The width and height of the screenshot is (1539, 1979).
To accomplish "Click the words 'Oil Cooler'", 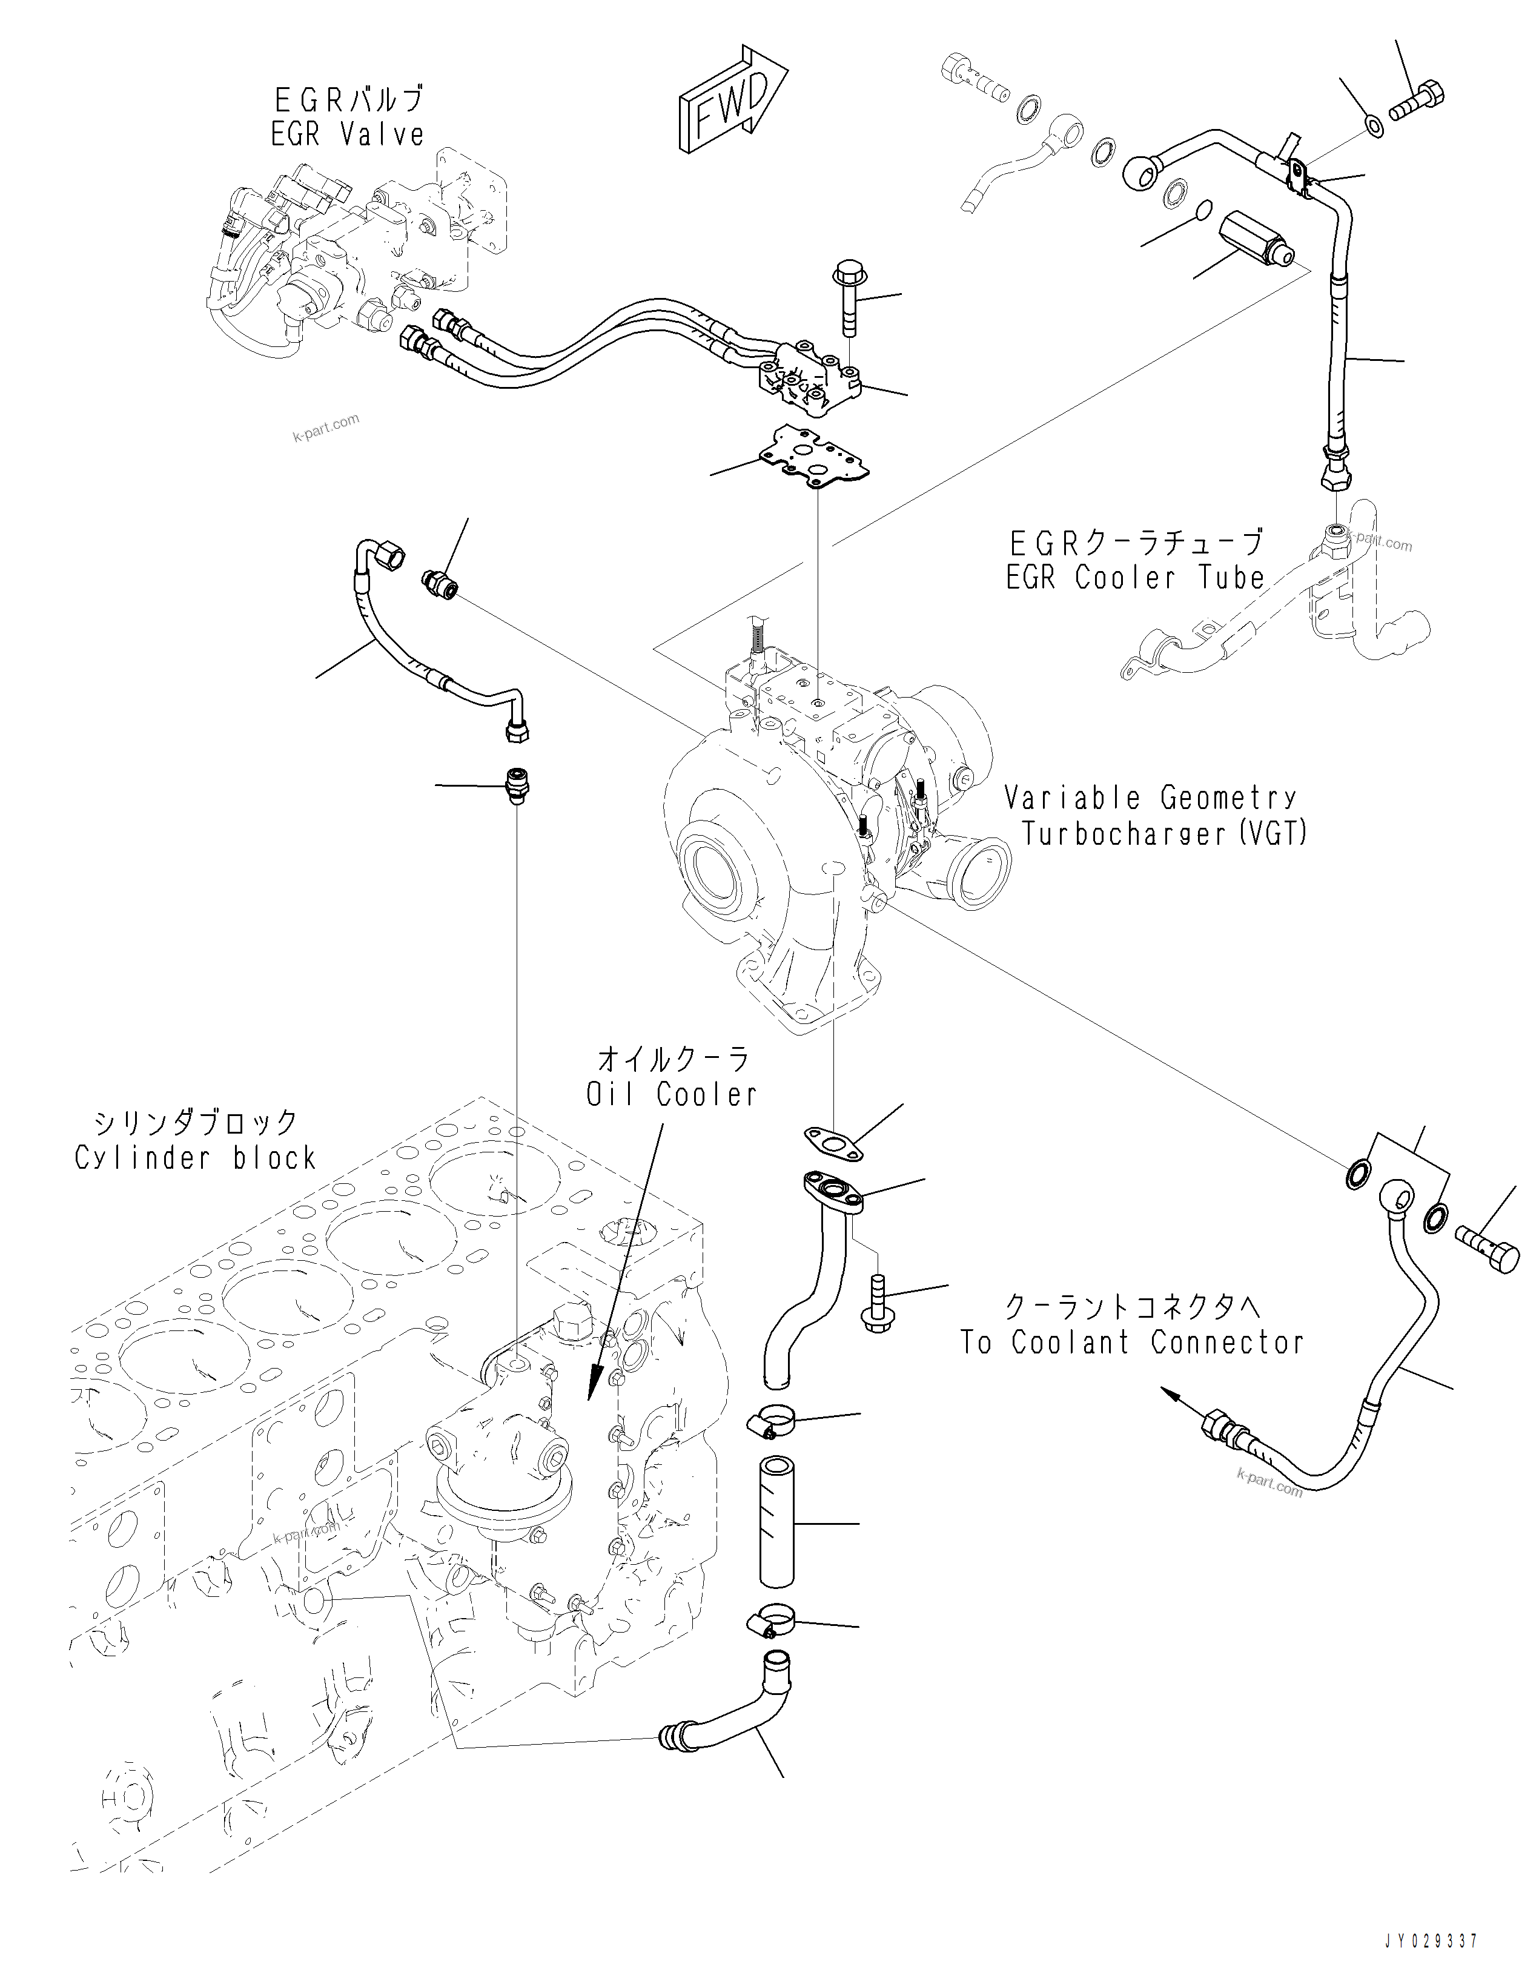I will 672,1095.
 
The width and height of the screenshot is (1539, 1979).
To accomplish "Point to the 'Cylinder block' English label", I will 196,1158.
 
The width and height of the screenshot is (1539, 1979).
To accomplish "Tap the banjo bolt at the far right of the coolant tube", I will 1488,1249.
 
